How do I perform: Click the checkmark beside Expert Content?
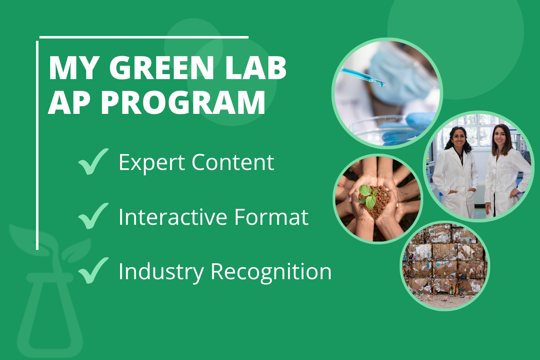click(93, 162)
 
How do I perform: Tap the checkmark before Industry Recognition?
click(93, 271)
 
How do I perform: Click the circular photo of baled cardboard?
click(445, 266)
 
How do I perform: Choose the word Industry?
click(161, 271)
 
